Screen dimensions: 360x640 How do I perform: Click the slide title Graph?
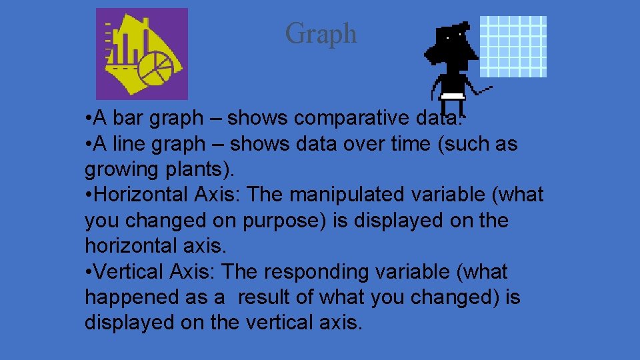click(321, 33)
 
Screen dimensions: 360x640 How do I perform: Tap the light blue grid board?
click(513, 46)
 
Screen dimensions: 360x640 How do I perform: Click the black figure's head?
click(456, 41)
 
